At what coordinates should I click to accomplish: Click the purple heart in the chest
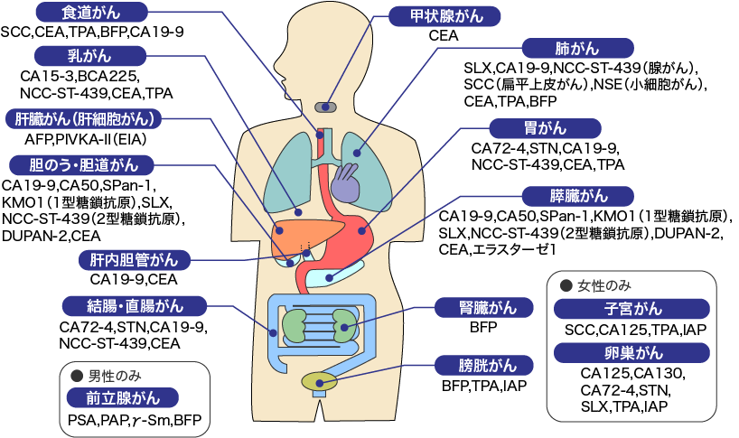(345, 182)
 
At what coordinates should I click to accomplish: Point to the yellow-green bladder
(317, 380)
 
